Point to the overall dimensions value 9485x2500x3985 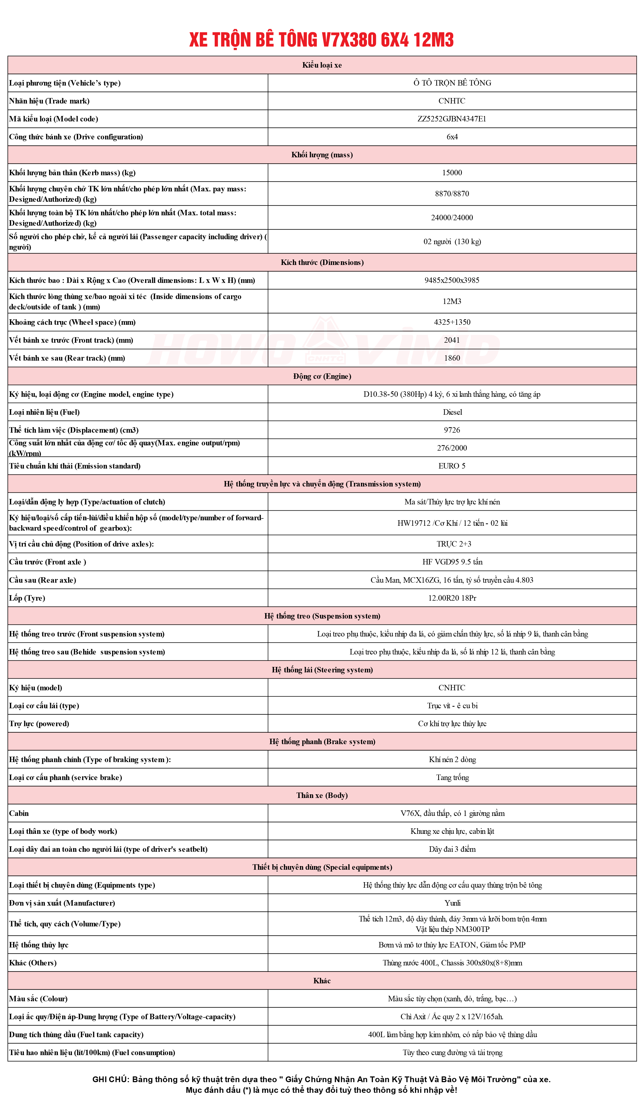pyautogui.click(x=451, y=280)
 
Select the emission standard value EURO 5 pyautogui.click(x=451, y=466)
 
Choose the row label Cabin pyautogui.click(x=19, y=813)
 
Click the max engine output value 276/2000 pyautogui.click(x=451, y=448)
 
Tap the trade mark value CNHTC pyautogui.click(x=451, y=101)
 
